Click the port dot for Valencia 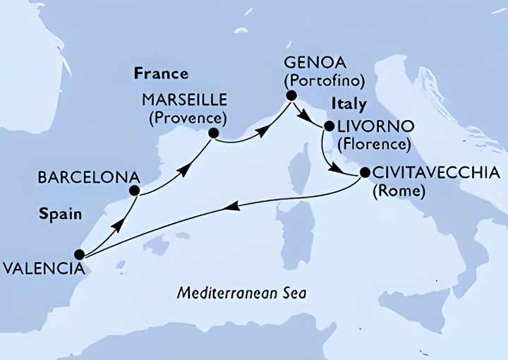coord(80,255)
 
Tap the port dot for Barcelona coord(135,191)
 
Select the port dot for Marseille coord(214,132)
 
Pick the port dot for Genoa coord(290,95)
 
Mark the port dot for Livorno coord(328,128)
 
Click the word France coord(160,73)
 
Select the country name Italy coord(349,104)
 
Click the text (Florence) coord(373,145)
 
